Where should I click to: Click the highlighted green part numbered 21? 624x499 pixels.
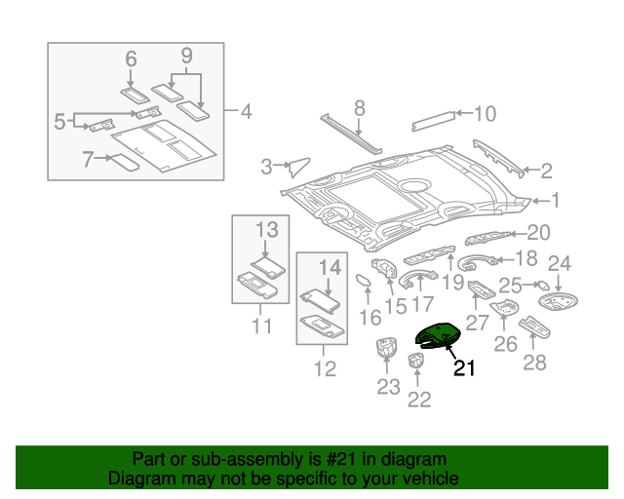tap(435, 337)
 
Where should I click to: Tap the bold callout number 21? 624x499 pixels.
tap(464, 368)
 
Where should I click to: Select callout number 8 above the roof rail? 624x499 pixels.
tap(359, 107)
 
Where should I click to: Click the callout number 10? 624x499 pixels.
tap(485, 113)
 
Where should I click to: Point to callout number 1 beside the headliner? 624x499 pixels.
tap(556, 201)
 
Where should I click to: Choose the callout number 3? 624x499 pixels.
tap(266, 167)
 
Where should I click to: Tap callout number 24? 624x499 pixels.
tap(559, 263)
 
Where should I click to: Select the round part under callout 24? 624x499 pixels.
tap(557, 303)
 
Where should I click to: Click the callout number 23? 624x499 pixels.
tap(388, 387)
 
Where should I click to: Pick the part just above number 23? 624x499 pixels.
tap(386, 349)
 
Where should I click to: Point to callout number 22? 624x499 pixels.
tap(419, 398)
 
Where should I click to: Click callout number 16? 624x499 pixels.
tap(370, 318)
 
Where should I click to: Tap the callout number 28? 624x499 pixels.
tap(534, 363)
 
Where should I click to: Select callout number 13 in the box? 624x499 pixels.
tap(267, 230)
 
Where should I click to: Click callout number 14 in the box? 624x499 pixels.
tap(331, 266)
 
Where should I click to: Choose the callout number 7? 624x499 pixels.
tap(87, 158)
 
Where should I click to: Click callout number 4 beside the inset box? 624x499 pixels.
tap(246, 112)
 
